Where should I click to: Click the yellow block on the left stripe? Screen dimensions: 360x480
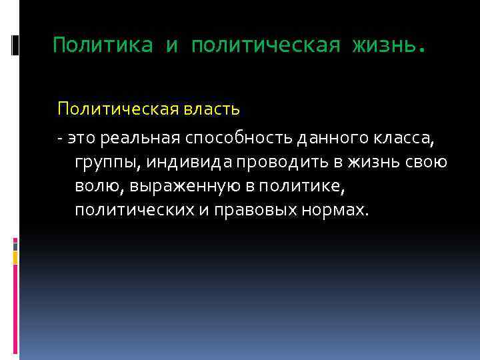15,257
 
